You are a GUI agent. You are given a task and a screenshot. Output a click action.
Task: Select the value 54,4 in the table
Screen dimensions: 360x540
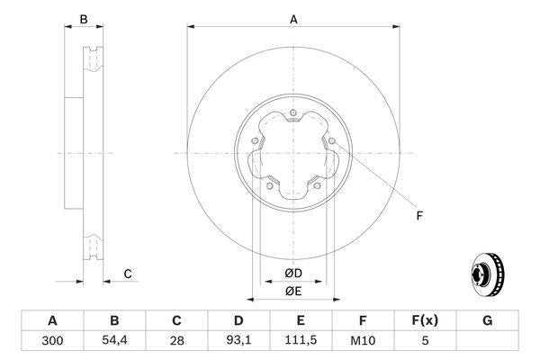114,341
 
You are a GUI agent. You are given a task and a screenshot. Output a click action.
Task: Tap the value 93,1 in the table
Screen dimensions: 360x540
238,341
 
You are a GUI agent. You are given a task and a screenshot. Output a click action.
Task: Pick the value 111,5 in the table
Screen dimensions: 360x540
301,341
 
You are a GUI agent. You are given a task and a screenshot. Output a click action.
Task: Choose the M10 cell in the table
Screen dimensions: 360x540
363,341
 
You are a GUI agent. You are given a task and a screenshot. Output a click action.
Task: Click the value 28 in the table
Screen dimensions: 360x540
176,341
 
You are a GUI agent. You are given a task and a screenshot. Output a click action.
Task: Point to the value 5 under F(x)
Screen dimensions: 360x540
426,341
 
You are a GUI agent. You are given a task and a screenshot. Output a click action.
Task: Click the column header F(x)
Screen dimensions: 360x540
426,320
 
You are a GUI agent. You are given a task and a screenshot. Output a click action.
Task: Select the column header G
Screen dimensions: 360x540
488,320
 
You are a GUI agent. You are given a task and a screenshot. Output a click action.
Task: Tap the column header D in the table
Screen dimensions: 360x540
238,320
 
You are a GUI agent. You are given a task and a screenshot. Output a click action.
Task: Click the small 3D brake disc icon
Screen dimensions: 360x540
487,273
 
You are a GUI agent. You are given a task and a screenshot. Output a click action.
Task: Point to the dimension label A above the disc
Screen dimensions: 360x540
293,18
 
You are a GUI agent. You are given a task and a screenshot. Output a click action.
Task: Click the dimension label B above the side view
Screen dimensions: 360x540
83,18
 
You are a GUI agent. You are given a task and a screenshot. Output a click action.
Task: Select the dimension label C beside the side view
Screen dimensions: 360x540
128,274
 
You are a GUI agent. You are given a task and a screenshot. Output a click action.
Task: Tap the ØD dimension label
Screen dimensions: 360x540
293,273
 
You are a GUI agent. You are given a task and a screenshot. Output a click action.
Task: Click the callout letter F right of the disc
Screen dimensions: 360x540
419,215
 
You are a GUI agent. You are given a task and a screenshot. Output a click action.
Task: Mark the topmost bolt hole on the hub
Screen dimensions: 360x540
293,113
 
